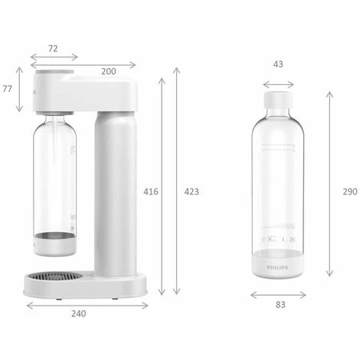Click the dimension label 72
point(52,47)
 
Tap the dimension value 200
point(108,70)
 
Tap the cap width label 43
point(277,64)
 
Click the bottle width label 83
point(280,305)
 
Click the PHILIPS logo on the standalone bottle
point(279,267)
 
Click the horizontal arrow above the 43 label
point(278,85)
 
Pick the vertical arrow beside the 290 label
point(329,184)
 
